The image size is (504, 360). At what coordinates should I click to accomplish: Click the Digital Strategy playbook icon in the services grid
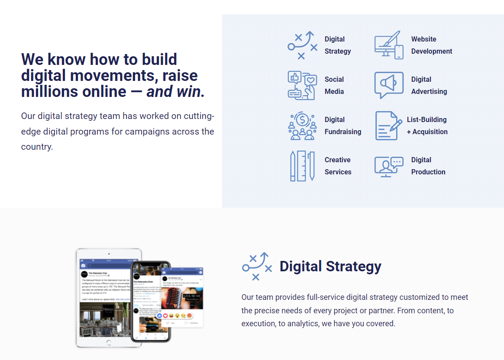click(x=302, y=45)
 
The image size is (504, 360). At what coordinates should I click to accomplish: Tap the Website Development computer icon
click(x=388, y=45)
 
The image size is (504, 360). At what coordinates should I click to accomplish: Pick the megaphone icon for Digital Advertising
click(x=388, y=85)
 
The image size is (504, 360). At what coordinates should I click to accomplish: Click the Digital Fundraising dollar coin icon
click(x=302, y=125)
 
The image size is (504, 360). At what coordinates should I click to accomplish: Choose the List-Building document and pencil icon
click(x=388, y=125)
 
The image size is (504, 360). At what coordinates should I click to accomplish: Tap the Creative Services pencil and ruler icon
click(x=302, y=166)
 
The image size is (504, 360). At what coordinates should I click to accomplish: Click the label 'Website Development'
click(x=431, y=45)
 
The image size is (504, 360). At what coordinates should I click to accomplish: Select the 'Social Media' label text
click(x=334, y=85)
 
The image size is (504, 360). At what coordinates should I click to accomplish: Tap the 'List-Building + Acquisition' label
click(x=427, y=125)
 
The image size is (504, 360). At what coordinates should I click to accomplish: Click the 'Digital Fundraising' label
click(x=342, y=125)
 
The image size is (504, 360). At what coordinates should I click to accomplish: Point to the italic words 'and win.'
click(x=175, y=92)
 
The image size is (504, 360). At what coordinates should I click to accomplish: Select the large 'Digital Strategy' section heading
click(x=330, y=266)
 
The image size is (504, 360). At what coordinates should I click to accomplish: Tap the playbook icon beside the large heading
click(x=256, y=266)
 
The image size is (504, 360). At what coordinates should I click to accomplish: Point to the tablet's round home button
click(x=109, y=342)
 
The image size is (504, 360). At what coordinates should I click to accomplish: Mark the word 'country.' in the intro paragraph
click(x=37, y=147)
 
